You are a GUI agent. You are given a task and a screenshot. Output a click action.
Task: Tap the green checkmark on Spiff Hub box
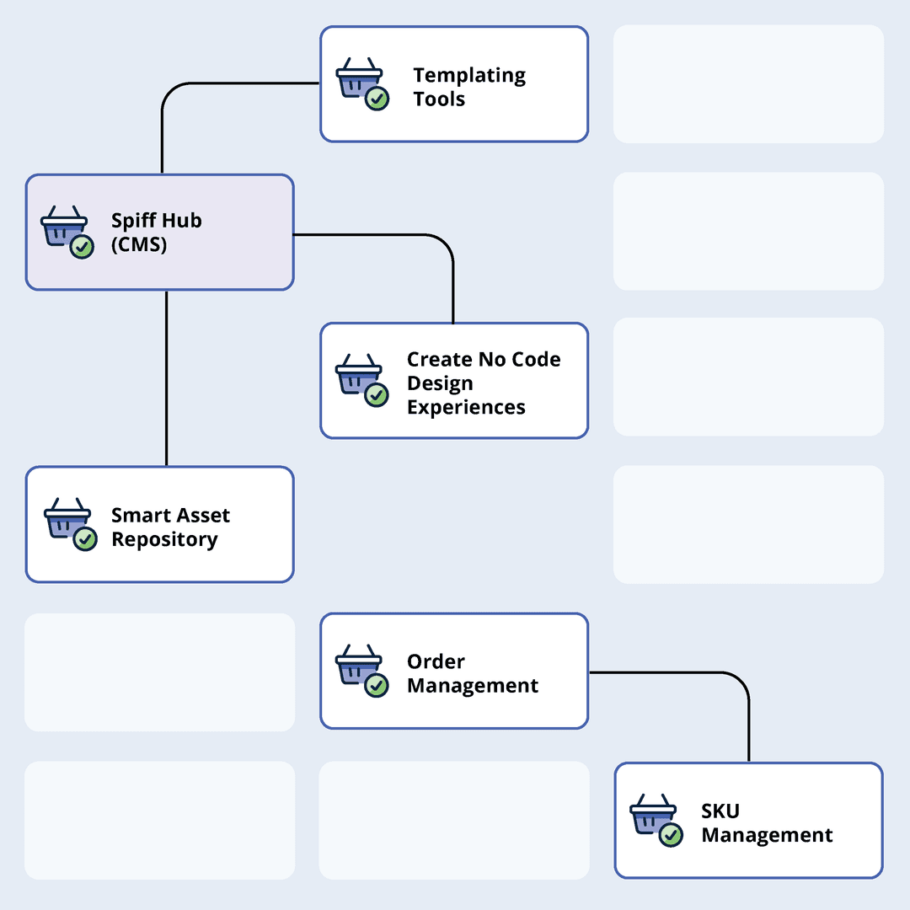pos(82,247)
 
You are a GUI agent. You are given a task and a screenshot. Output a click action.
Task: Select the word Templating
pos(469,75)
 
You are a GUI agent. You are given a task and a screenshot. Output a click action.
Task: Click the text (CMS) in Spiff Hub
pos(139,245)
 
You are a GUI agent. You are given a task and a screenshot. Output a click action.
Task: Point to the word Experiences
pos(466,407)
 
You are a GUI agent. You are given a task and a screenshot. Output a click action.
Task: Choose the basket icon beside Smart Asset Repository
pos(67,520)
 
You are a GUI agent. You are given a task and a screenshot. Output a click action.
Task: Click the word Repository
pos(164,539)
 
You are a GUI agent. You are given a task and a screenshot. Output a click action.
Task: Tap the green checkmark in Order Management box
pos(377,686)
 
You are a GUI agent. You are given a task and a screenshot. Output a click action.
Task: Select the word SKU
pos(720,811)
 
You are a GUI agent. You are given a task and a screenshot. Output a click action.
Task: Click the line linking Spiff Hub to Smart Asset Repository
pos(167,379)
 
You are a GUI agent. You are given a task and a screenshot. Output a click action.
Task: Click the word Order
pos(436,661)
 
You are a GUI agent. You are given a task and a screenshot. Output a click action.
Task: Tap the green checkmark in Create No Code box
pos(377,394)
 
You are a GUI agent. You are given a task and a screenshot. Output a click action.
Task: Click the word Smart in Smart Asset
pos(142,515)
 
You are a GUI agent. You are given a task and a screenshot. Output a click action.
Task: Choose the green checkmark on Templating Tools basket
pos(377,99)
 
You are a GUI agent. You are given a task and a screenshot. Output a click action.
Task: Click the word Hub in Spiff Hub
pos(181,221)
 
